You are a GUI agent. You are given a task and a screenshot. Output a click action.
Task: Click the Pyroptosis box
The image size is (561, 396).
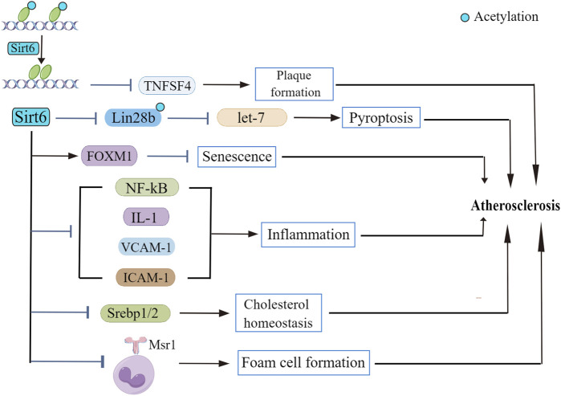click(380, 117)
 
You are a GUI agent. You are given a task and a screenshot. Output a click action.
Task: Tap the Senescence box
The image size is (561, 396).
click(236, 155)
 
